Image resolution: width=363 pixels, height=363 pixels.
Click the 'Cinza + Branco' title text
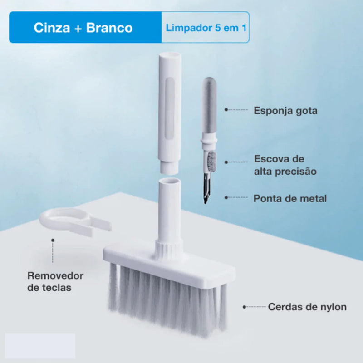(83, 28)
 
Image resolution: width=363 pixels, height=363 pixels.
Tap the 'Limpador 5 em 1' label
(206, 28)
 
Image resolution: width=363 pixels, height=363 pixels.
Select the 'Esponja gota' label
(285, 110)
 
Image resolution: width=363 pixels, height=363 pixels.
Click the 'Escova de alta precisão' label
(285, 165)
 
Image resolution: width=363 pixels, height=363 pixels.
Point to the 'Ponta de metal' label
(290, 198)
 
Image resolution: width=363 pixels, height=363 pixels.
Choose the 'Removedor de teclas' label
(55, 281)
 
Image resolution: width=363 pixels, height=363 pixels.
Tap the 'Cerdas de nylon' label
(307, 307)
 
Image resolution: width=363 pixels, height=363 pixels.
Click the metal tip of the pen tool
(206, 193)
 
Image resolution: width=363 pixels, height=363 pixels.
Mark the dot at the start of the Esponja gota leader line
(226, 110)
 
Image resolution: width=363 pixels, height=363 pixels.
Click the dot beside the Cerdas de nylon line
(245, 307)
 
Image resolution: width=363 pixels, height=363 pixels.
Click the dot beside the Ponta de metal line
(226, 198)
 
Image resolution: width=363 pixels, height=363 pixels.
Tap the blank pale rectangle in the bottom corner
(40, 346)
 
